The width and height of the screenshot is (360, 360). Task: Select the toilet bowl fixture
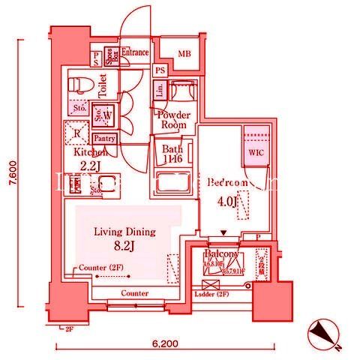pyautogui.click(x=78, y=84)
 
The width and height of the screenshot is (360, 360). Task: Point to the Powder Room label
pyautogui.click(x=173, y=120)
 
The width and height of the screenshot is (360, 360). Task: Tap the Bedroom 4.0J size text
pyautogui.click(x=226, y=201)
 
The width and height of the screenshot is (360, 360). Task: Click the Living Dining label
pyautogui.click(x=124, y=232)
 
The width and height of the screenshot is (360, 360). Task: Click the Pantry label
pyautogui.click(x=104, y=139)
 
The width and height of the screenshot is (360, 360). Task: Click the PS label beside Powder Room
pyautogui.click(x=160, y=70)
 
